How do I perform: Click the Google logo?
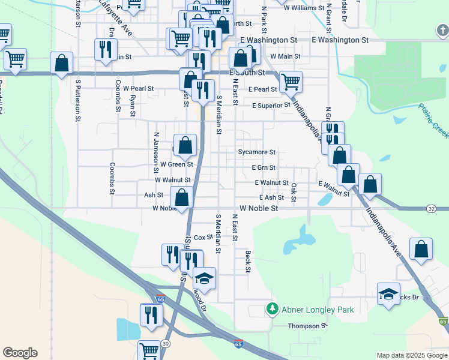20,353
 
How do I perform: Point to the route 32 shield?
432,208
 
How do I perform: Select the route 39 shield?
165,343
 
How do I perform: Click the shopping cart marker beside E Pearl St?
291,82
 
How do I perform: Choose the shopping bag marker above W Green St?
185,145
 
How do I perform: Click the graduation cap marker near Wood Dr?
204,278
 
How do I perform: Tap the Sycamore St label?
256,152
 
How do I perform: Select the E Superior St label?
271,106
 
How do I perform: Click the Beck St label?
247,262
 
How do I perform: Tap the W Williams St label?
304,9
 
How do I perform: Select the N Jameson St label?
156,147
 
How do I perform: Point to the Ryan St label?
132,106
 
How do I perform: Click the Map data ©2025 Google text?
412,355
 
